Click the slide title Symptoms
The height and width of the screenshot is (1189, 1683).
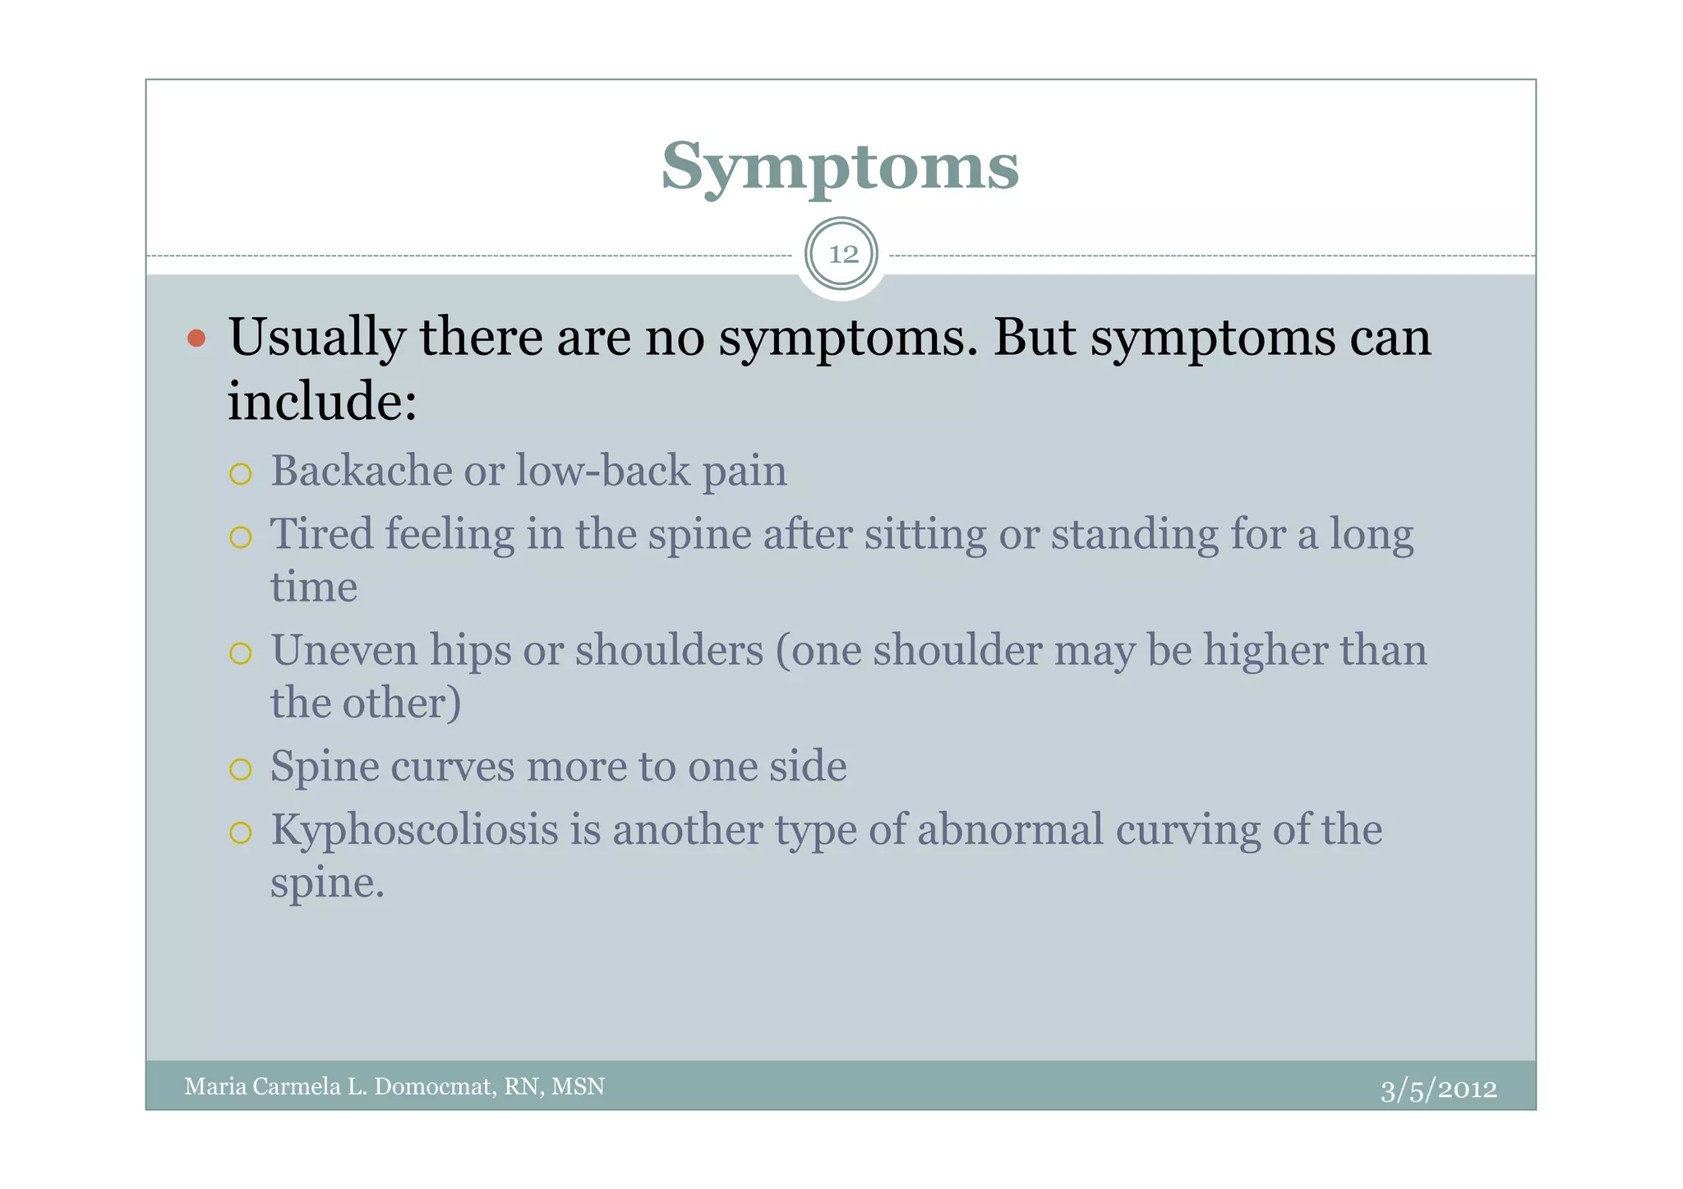tap(840, 167)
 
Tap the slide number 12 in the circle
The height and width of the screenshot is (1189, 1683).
tap(842, 255)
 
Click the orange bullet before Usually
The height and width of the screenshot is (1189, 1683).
tap(196, 338)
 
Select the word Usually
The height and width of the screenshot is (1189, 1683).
tap(316, 338)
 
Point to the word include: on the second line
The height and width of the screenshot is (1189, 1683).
tap(322, 402)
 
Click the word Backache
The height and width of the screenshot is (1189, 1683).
tap(361, 471)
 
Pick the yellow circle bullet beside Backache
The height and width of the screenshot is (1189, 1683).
tap(240, 474)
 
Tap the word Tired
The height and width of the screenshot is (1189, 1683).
tap(321, 534)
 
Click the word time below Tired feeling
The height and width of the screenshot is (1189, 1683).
tap(314, 588)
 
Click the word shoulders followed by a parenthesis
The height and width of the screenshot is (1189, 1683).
tap(668, 650)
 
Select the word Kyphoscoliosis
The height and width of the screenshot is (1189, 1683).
tap(414, 830)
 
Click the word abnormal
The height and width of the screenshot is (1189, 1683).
tap(1010, 830)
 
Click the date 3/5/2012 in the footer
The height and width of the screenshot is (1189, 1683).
tap(1438, 1090)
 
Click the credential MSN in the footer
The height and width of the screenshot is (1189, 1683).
tap(578, 1087)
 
